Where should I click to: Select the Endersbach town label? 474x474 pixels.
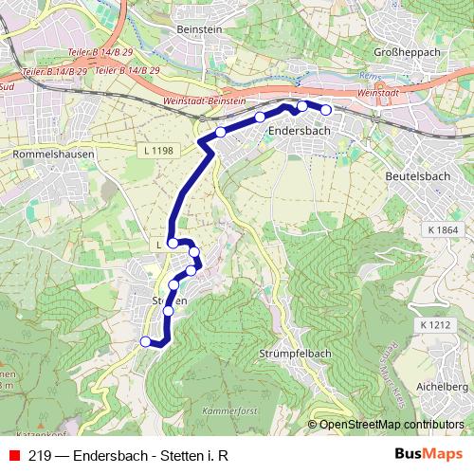(x=299, y=132)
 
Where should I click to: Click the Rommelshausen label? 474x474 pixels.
(x=50, y=152)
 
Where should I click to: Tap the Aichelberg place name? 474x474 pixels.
(x=444, y=387)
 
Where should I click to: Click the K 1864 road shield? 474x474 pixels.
(x=442, y=229)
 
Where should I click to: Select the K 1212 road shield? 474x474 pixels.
(x=431, y=325)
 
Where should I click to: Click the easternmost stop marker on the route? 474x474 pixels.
(x=326, y=111)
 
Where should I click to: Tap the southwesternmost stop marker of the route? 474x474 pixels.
(x=145, y=341)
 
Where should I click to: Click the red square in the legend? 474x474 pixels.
(x=13, y=454)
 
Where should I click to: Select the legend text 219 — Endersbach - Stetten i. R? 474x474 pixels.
(x=129, y=454)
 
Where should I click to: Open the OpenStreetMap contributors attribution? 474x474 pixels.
(x=392, y=425)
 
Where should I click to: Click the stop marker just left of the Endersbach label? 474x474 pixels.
(x=259, y=118)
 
